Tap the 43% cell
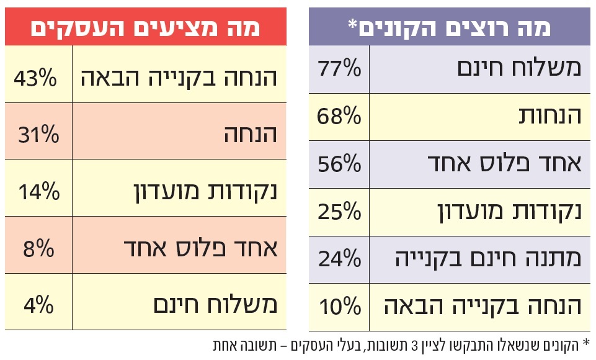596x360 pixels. [x=35, y=78]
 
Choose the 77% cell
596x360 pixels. [x=339, y=68]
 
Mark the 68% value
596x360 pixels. [x=339, y=115]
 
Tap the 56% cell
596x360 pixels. [x=339, y=163]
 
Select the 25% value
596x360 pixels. [x=339, y=211]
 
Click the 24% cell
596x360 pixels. [x=339, y=258]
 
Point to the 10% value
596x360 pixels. [x=339, y=305]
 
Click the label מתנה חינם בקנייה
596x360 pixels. [x=489, y=258]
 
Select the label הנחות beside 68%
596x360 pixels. [x=551, y=115]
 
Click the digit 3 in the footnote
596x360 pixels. [x=411, y=344]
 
